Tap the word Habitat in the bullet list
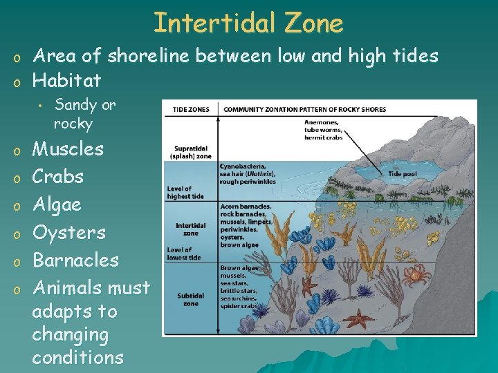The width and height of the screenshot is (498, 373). coord(66,80)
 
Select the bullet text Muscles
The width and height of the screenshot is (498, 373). coord(68,149)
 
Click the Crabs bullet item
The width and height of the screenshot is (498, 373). coord(58,176)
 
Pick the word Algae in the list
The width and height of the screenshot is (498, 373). coord(57,204)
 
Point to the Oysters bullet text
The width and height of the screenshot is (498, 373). coord(69,232)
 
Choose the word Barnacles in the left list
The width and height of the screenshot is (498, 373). coord(76,260)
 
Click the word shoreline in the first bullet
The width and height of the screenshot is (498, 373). coord(142,55)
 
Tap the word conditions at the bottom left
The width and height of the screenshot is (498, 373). coord(77,357)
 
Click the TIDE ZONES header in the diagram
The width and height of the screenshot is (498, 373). coord(191,109)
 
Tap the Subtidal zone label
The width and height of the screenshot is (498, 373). coord(190,300)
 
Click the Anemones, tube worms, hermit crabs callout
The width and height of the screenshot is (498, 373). coord(323,130)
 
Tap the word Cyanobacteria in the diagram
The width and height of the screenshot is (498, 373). coord(242,166)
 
